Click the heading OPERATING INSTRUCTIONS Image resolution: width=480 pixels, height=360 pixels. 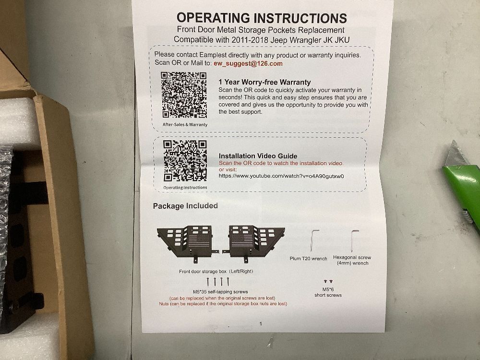click(x=262, y=18)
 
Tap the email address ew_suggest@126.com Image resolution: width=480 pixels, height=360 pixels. click(x=248, y=63)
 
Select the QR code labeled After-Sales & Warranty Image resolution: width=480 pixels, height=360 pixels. click(x=184, y=95)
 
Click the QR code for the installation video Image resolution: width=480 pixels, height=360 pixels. click(x=185, y=161)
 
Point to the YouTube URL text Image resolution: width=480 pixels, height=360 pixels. click(x=281, y=176)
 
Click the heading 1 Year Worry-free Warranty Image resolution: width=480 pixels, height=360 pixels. click(x=264, y=82)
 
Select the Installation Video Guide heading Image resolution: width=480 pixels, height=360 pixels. click(x=258, y=156)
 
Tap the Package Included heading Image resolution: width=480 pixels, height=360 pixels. click(x=185, y=206)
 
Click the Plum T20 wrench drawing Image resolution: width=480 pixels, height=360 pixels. click(x=313, y=240)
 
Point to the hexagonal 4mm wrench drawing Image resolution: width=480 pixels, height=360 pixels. click(x=354, y=240)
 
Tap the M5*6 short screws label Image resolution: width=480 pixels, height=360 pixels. click(x=328, y=292)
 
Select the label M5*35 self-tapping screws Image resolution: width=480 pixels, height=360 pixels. click(x=220, y=292)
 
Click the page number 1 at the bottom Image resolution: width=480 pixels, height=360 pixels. click(x=261, y=324)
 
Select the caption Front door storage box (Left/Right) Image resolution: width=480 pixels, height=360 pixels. click(x=216, y=271)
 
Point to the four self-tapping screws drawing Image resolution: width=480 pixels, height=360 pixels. click(x=217, y=282)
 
